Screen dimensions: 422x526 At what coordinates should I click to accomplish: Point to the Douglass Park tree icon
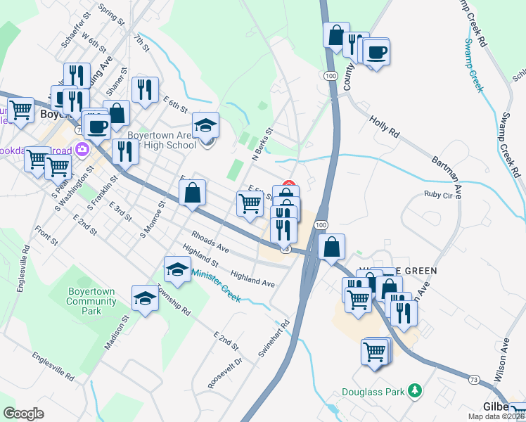point(415,390)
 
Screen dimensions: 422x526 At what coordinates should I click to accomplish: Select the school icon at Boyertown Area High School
point(205,126)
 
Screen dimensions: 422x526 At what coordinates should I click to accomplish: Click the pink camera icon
point(82,148)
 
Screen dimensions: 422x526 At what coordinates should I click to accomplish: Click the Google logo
point(24,413)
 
